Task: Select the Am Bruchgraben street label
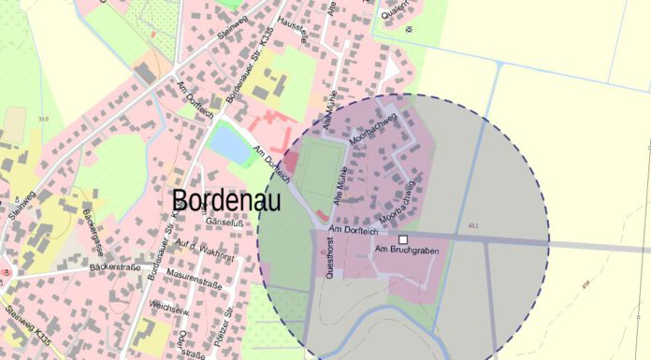(x=406, y=251)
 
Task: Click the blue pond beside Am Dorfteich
(x=227, y=143)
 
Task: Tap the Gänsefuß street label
(x=239, y=223)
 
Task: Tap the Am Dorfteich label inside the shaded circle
(x=354, y=228)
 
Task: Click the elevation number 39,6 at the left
(x=43, y=119)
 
